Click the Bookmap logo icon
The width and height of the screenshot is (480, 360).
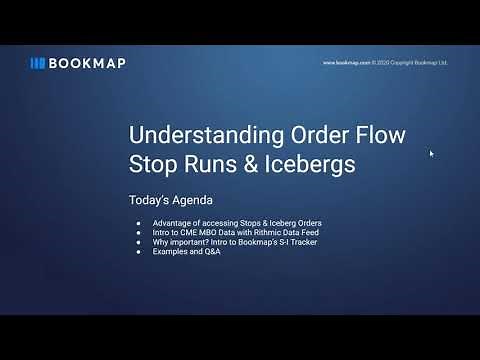click(x=38, y=62)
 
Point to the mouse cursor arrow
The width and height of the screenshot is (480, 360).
click(x=432, y=154)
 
